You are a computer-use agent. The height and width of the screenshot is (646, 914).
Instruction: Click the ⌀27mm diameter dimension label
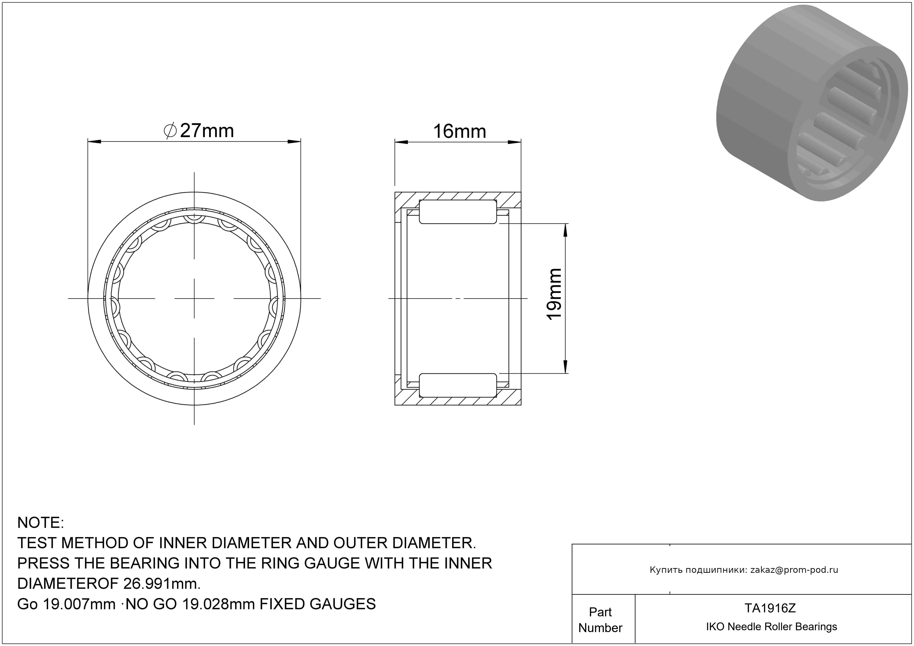(199, 131)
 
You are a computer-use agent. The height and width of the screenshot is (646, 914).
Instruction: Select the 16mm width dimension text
(459, 131)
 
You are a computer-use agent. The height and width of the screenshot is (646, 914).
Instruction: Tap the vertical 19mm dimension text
(554, 294)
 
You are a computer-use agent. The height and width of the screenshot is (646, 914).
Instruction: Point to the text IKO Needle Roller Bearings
(771, 627)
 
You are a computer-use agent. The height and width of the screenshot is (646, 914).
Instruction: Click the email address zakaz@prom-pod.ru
(794, 570)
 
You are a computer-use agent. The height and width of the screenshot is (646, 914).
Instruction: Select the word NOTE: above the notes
(41, 523)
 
